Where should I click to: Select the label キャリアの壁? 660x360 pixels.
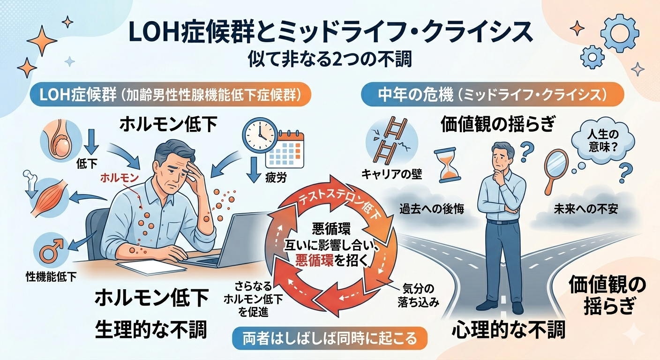tap(392, 175)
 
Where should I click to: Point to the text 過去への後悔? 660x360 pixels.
tap(432, 209)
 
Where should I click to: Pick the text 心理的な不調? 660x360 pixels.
tap(508, 330)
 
